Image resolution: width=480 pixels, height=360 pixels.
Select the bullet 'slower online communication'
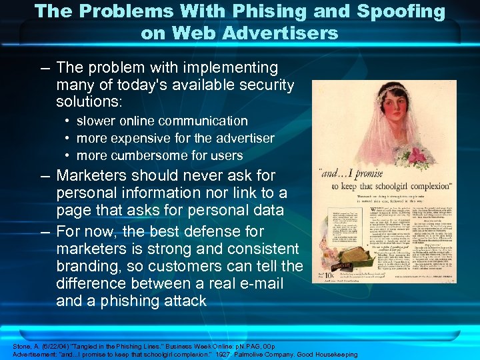point(162,121)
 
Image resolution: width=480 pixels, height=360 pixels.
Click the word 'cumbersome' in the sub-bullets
point(149,155)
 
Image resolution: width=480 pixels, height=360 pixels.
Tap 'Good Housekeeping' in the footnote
point(327,354)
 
